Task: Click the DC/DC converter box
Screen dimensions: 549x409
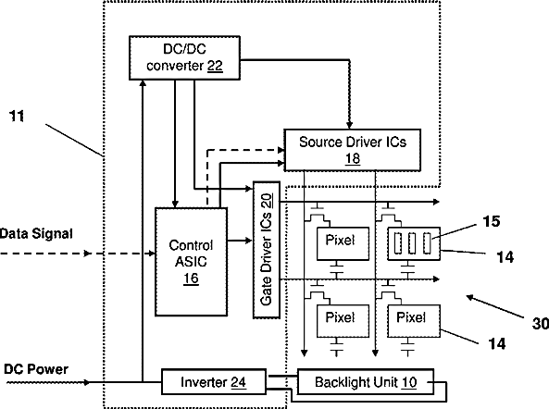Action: click(184, 57)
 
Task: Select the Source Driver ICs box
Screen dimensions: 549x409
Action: click(352, 150)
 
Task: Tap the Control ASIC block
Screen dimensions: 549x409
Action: click(191, 262)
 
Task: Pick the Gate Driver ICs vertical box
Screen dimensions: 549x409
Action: click(267, 250)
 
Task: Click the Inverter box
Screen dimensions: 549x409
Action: click(214, 382)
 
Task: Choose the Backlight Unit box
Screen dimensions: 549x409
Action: click(366, 382)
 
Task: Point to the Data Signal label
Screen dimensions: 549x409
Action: click(36, 233)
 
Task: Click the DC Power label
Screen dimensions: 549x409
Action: click(36, 369)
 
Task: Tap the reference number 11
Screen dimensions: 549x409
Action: click(17, 117)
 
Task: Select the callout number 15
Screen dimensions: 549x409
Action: click(492, 221)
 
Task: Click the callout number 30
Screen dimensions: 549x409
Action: click(541, 323)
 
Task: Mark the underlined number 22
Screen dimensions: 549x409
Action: click(215, 66)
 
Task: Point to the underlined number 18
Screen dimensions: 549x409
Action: click(353, 158)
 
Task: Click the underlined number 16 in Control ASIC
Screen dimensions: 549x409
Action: click(191, 279)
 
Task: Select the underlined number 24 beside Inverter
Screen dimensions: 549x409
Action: click(238, 382)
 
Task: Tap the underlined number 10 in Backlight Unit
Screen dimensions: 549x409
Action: click(409, 382)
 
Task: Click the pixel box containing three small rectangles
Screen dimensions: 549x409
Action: click(414, 243)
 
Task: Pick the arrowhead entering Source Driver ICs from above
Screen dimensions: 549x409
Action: click(349, 125)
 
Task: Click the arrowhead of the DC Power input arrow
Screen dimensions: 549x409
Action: click(86, 382)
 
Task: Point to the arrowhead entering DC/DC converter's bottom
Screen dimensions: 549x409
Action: click(143, 83)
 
